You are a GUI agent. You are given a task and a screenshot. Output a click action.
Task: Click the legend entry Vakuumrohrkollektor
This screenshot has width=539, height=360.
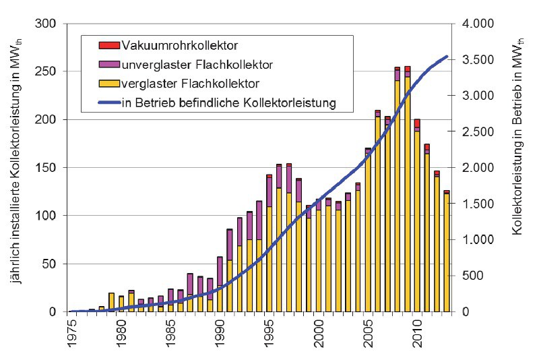click(x=181, y=45)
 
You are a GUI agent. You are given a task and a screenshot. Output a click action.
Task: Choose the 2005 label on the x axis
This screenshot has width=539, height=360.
click(x=367, y=333)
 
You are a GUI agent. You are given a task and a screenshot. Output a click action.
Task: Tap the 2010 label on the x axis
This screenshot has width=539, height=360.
click(x=416, y=333)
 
